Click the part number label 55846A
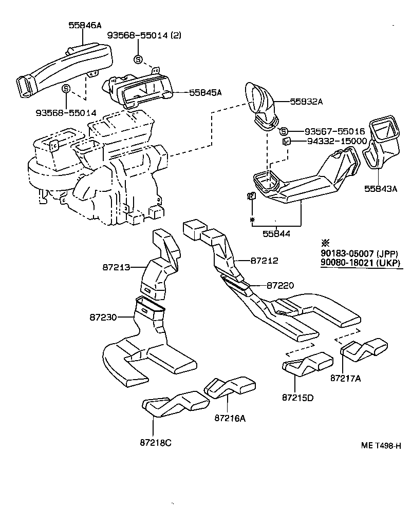85,24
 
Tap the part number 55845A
206,92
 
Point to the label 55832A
306,102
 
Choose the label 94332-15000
337,141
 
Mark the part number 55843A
381,188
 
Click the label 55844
276,233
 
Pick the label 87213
115,267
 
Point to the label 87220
280,285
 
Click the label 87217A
347,379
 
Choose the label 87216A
230,418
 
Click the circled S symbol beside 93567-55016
284,131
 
